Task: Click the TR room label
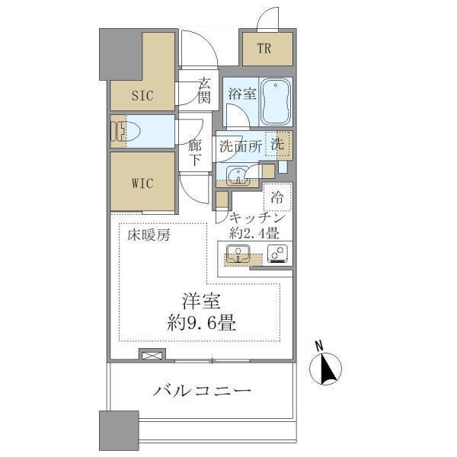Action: (x=264, y=50)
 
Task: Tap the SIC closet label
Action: (x=142, y=96)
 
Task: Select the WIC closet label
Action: (x=142, y=184)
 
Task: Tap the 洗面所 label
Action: (x=240, y=147)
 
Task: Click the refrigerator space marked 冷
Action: (x=277, y=197)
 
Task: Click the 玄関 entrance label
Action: (x=203, y=90)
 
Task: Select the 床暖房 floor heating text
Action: (x=149, y=235)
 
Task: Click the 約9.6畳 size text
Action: (x=201, y=321)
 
